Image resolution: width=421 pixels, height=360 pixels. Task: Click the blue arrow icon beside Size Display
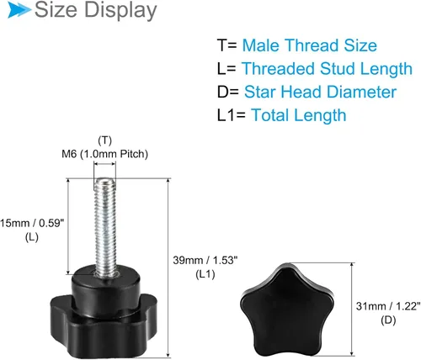click(19, 10)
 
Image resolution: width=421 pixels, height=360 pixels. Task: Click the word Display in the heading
click(120, 10)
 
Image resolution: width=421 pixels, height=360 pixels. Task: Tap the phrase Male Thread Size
click(309, 45)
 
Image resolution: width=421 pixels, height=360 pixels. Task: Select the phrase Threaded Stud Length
click(327, 69)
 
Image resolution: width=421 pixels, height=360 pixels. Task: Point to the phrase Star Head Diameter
click(320, 92)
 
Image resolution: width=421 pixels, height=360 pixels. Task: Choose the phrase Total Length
click(299, 115)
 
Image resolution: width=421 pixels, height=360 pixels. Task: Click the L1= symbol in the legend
click(232, 115)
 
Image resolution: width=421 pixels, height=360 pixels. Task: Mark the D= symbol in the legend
click(228, 92)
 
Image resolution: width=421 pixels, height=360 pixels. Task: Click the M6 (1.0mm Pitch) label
click(104, 154)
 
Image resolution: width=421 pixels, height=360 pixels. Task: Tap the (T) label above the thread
click(104, 140)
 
